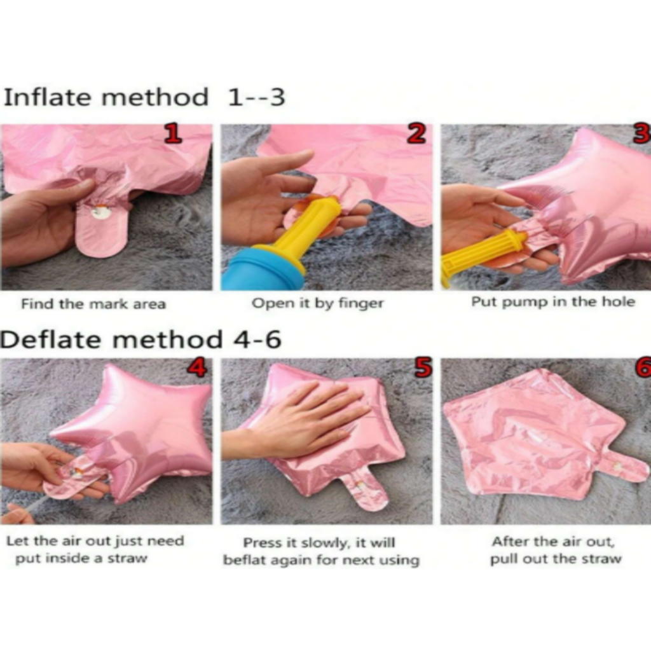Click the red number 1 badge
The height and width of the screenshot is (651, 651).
coord(173,134)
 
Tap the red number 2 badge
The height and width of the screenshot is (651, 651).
coord(417,134)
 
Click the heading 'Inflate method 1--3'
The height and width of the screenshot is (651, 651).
coord(144,97)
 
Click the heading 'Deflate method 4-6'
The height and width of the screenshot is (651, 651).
coord(140,339)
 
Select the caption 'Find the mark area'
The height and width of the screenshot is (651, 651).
coord(93,304)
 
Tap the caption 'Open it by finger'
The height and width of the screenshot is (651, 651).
coord(318,303)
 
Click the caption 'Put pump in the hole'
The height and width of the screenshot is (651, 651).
coord(553,302)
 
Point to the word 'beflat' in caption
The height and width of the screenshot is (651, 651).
coord(242,560)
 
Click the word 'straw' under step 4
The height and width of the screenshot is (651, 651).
coord(127,558)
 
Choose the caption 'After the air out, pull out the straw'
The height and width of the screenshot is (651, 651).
coord(556,550)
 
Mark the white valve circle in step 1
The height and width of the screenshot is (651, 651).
coord(101,212)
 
